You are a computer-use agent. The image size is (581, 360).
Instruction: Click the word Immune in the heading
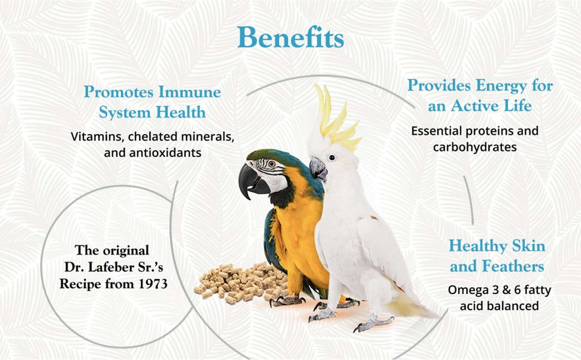click(189, 92)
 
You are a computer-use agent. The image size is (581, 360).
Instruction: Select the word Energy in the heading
click(502, 85)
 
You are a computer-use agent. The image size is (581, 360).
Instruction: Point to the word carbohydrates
click(474, 147)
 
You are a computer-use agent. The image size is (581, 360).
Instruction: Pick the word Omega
click(470, 291)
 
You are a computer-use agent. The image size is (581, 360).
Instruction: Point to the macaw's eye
click(271, 164)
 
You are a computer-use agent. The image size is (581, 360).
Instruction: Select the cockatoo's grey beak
click(318, 169)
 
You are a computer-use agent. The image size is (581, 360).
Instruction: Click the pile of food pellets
click(237, 283)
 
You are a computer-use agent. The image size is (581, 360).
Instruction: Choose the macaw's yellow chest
click(293, 226)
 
